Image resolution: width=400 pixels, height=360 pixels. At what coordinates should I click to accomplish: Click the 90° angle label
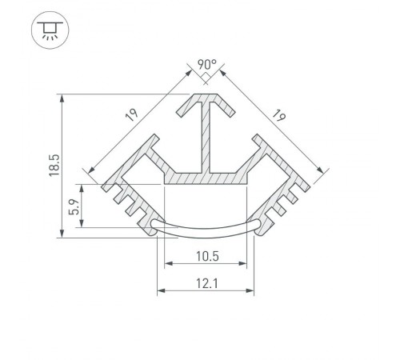pos(206,64)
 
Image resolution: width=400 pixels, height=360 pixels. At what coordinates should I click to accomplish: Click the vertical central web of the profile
pos(206,140)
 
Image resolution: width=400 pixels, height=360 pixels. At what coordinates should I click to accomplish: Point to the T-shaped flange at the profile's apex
pos(206,102)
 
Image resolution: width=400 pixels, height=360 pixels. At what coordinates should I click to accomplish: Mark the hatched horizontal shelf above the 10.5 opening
pos(205,177)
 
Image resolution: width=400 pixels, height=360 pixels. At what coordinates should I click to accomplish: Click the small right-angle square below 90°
pos(206,78)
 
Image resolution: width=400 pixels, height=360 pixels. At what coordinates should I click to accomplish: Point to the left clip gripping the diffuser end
pos(151,225)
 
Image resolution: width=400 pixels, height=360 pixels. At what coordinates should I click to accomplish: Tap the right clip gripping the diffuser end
pos(259,225)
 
